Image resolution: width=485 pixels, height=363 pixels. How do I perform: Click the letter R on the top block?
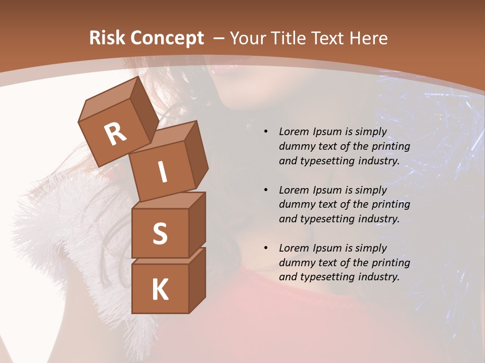pos(115,134)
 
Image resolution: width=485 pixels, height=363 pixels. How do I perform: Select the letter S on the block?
pos(160,233)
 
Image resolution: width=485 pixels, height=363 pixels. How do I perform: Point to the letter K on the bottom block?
pos(160,290)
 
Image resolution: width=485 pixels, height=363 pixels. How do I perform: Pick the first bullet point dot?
pos(266,132)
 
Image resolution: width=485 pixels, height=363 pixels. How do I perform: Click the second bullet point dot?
pos(266,190)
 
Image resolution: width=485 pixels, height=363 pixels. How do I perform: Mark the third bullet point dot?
pos(266,248)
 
